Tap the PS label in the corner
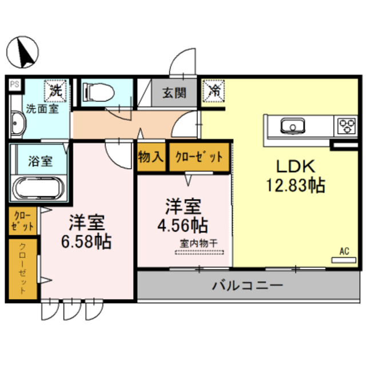pyautogui.click(x=14, y=85)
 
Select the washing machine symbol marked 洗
pyautogui.click(x=56, y=90)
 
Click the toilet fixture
pyautogui.click(x=96, y=91)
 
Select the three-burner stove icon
pyautogui.click(x=345, y=125)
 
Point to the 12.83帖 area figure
pyautogui.click(x=295, y=185)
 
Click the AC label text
pyautogui.click(x=344, y=250)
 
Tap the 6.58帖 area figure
pyautogui.click(x=86, y=240)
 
